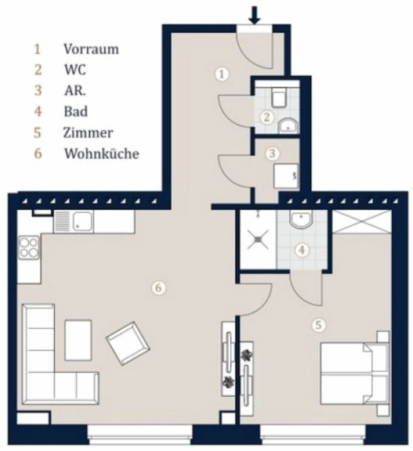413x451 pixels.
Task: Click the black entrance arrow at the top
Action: pos(255,16)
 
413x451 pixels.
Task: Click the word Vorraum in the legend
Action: pos(91,49)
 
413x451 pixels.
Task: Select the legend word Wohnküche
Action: pos(102,153)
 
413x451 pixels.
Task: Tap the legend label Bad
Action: pos(76,112)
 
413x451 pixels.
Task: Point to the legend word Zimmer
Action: pos(88,133)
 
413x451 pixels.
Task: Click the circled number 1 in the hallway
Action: pos(222,74)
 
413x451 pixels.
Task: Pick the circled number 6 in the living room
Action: pos(158,287)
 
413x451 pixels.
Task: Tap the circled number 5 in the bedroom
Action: pos(318,325)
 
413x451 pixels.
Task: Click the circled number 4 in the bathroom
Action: pos(302,250)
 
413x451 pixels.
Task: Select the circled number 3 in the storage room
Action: pos(272,153)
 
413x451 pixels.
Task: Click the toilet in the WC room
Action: pos(279,97)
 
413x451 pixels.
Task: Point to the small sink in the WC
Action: pos(288,126)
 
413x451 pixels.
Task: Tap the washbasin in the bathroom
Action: pos(301,219)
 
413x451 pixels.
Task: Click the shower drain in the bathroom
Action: pos(258,239)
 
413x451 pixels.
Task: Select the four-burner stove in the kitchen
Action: pos(29,247)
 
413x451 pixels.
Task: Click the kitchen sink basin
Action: pos(83,222)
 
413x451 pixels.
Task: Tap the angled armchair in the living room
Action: pos(128,343)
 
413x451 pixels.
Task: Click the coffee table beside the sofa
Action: pos(78,341)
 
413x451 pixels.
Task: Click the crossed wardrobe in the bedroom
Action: pos(362,221)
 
